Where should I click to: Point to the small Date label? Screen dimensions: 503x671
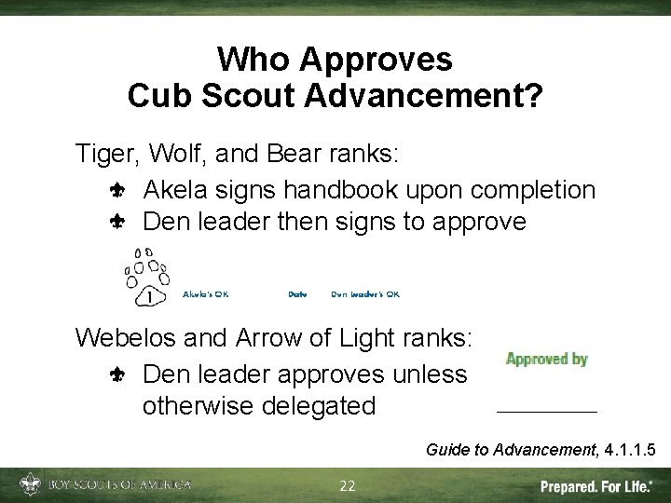(x=297, y=294)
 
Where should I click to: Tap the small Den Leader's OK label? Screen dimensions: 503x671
(x=365, y=294)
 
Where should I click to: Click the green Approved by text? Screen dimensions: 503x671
(x=546, y=359)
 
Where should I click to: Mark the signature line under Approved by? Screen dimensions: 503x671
(x=546, y=411)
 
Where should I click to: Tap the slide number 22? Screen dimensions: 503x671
(x=348, y=485)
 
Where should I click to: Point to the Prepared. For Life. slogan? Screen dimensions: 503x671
(x=596, y=486)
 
